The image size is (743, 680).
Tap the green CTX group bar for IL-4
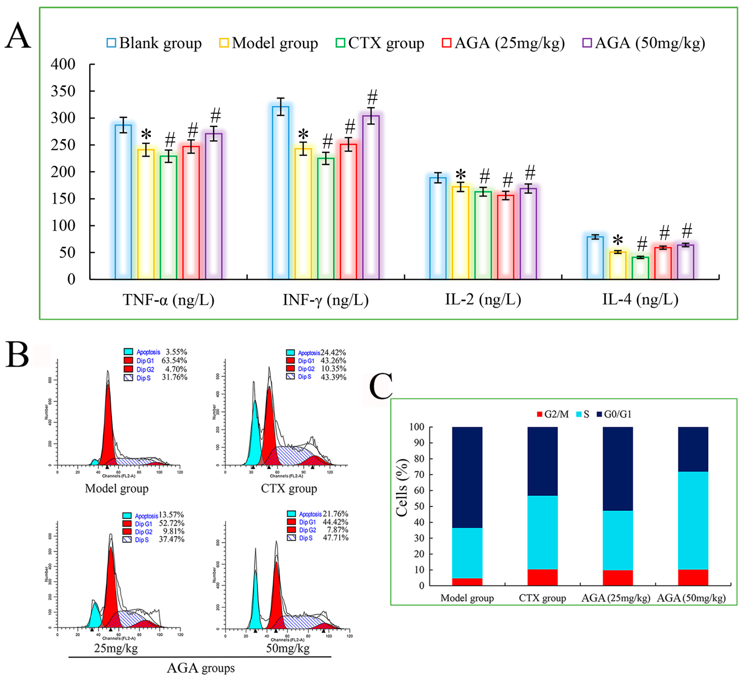pyautogui.click(x=640, y=268)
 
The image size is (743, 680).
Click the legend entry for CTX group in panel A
pyautogui.click(x=380, y=43)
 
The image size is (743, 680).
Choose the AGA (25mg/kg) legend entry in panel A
pyautogui.click(x=503, y=43)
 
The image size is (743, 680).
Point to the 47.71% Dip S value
pyautogui.click(x=335, y=538)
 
